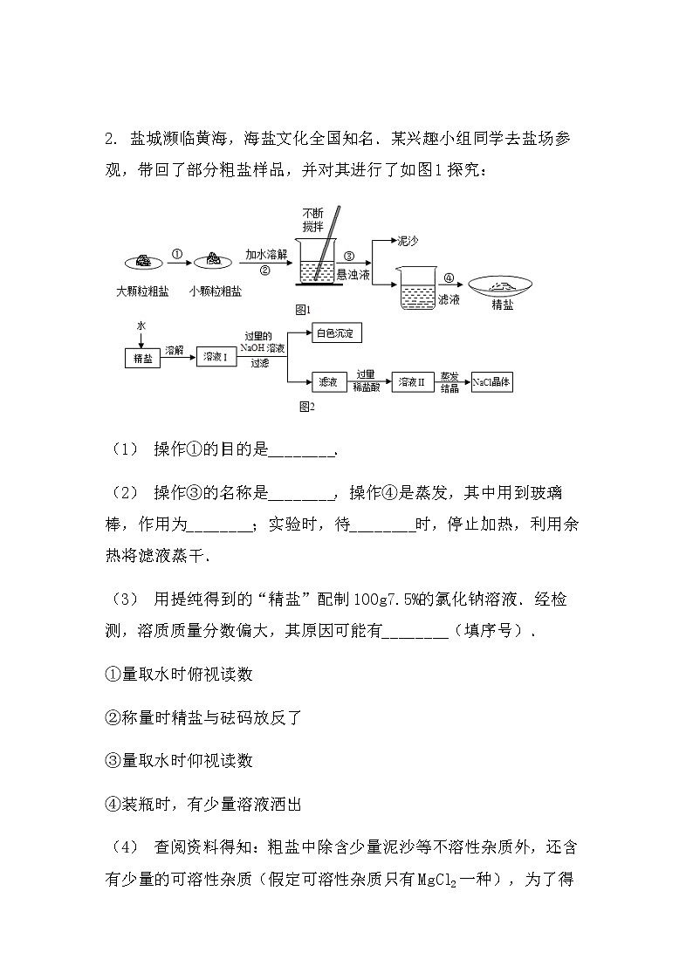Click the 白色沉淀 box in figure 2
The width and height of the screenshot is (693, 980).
pyautogui.click(x=336, y=333)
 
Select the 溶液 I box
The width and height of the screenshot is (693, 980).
pyautogui.click(x=215, y=356)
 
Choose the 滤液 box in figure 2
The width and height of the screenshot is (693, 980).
pyautogui.click(x=328, y=381)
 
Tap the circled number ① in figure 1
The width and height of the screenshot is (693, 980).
pyautogui.click(x=176, y=254)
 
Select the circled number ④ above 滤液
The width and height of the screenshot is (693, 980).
pyautogui.click(x=449, y=278)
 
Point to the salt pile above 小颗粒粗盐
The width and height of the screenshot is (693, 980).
pyautogui.click(x=213, y=260)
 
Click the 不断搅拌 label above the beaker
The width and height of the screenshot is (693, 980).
pyautogui.click(x=312, y=219)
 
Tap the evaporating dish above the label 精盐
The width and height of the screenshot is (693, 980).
pyautogui.click(x=502, y=285)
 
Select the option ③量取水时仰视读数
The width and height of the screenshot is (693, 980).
pyautogui.click(x=179, y=760)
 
